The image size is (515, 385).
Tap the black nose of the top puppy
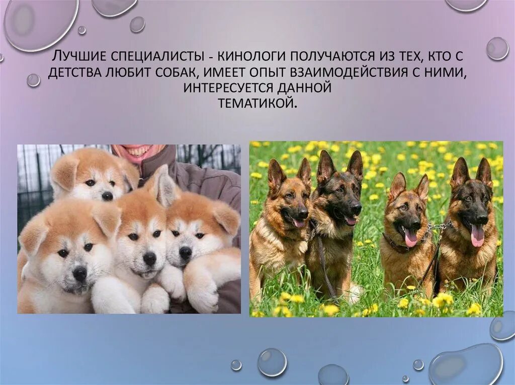107,196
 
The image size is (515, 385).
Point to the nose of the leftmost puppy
79,274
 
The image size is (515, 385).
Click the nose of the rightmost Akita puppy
186,252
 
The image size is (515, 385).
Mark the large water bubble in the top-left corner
40,23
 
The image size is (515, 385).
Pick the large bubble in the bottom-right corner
465,365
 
